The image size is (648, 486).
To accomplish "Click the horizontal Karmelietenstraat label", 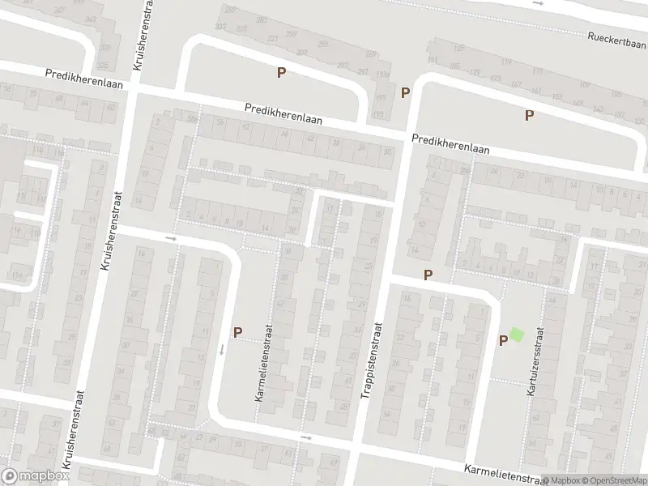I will [502, 473].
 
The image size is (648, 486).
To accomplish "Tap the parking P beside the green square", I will [502, 341].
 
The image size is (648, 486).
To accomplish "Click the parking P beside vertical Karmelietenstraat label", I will [237, 332].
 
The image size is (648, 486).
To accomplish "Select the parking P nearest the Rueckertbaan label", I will [529, 115].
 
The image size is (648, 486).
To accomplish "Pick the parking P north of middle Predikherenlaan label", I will [281, 73].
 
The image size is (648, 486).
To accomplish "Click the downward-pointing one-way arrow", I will [220, 349].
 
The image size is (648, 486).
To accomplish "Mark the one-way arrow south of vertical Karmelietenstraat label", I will [305, 438].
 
